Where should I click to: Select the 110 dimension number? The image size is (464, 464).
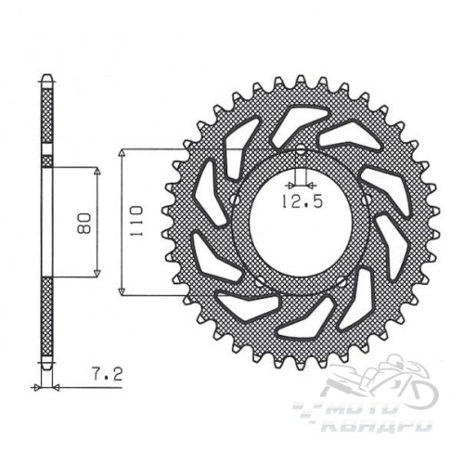135,221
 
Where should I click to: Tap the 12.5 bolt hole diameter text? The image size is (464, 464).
302,201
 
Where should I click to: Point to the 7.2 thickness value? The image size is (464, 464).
108,374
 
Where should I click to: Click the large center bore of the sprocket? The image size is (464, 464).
301,222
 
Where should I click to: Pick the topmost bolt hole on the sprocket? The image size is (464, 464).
301,151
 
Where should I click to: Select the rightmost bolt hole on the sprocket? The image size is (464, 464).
367,199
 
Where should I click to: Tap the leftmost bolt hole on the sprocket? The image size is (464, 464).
236,200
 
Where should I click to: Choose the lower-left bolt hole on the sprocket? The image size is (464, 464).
260,281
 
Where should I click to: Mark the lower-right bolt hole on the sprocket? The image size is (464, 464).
342,281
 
